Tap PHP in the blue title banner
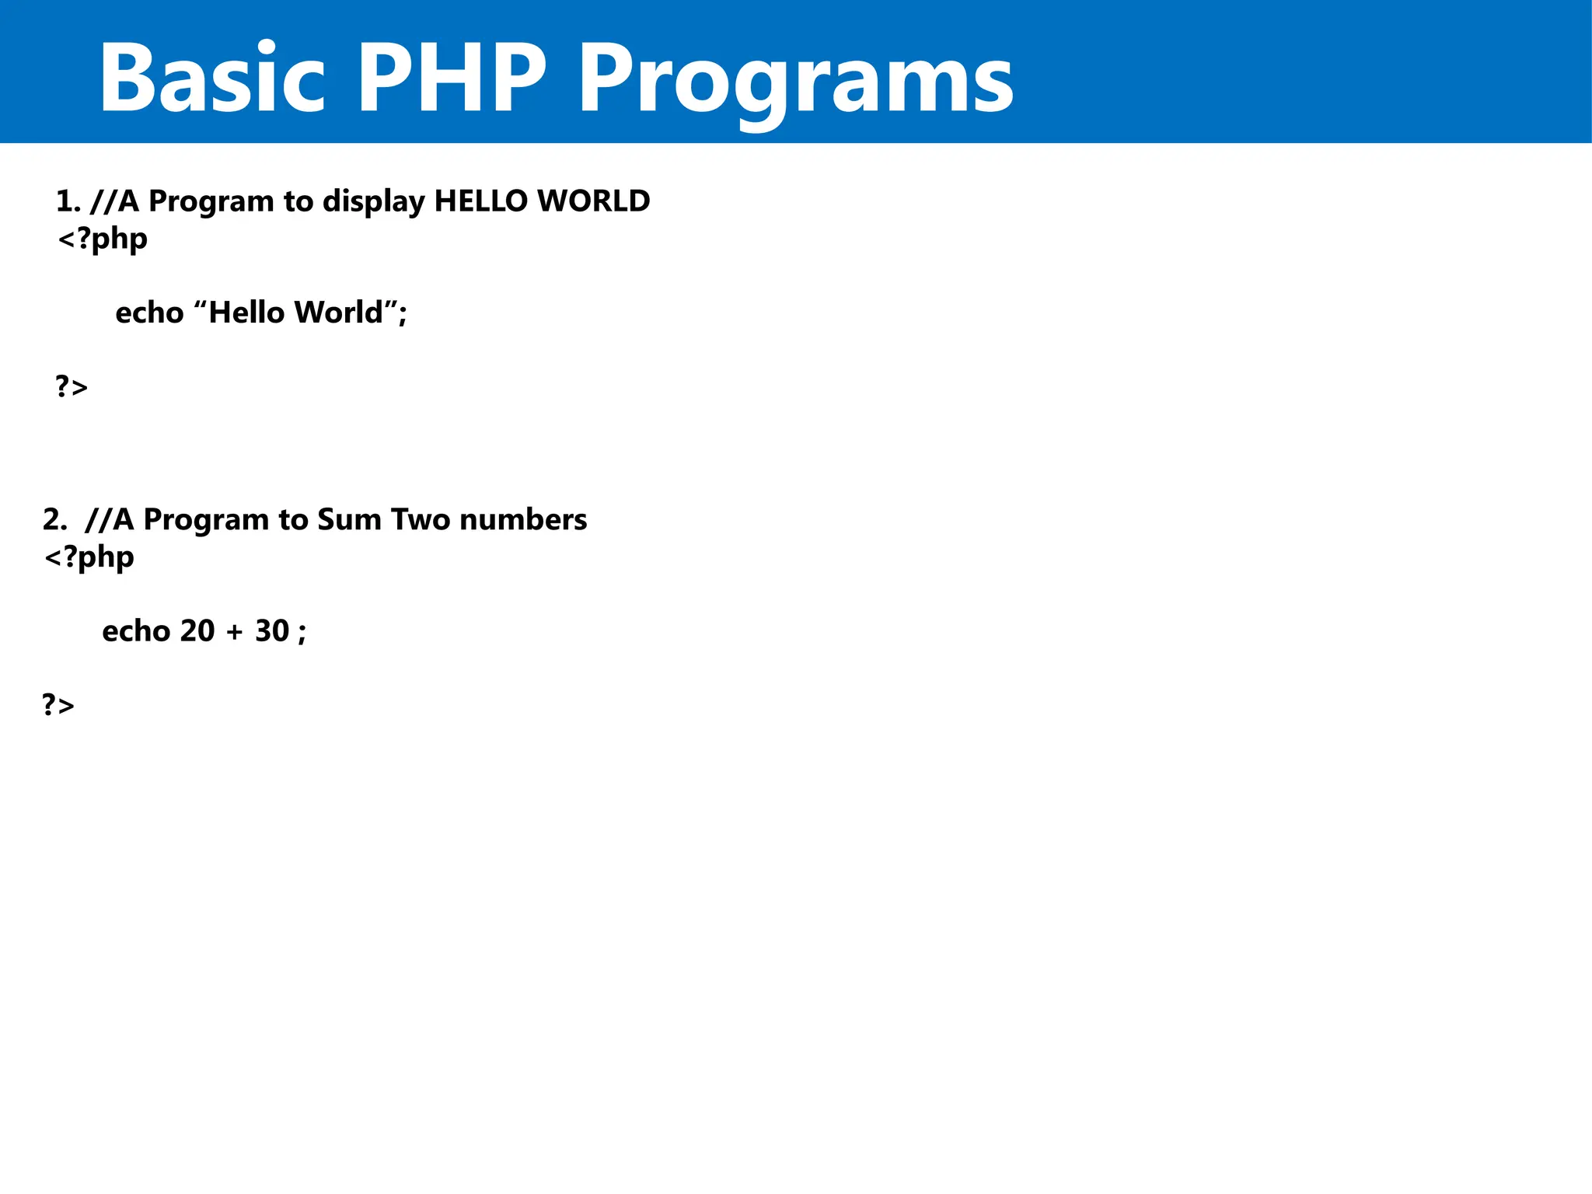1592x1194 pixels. [452, 78]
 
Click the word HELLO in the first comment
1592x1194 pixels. [481, 201]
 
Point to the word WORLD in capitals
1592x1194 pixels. [593, 201]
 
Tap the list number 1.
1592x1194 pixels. [67, 201]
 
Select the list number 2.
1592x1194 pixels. [54, 519]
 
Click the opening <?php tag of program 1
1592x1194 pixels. [102, 239]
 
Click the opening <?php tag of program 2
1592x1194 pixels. [89, 557]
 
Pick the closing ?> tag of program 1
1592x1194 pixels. [72, 386]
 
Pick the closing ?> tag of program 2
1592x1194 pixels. [58, 705]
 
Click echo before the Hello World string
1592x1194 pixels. [149, 312]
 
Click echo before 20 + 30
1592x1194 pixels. [136, 631]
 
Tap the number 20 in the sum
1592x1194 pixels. [197, 631]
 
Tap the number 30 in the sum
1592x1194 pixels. [272, 631]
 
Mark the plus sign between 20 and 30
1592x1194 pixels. [235, 633]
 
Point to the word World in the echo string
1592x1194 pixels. [339, 312]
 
